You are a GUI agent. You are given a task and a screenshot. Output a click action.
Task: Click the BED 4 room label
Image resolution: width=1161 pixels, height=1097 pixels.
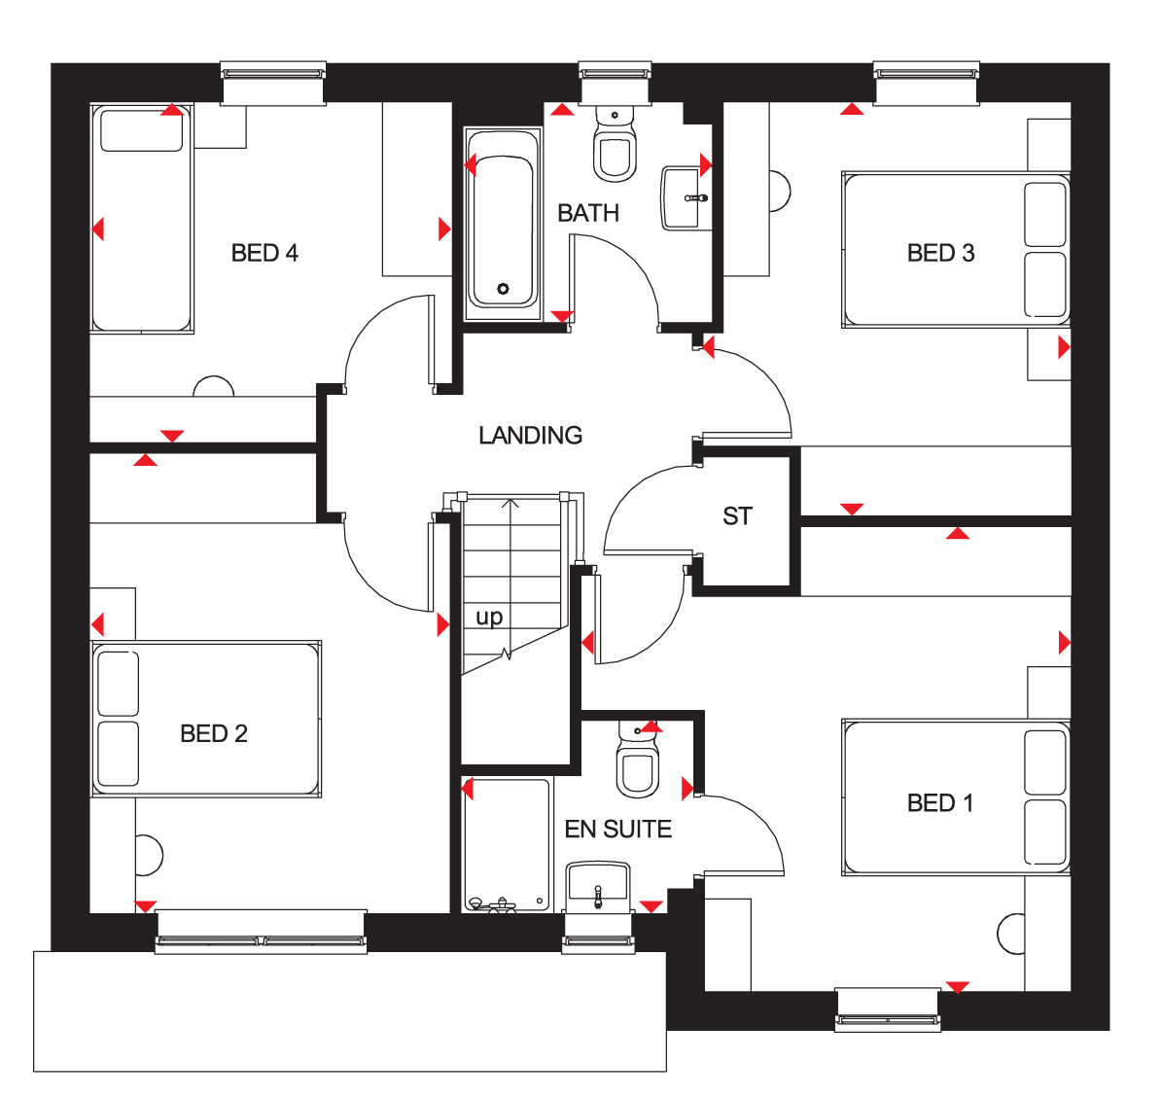coord(264,253)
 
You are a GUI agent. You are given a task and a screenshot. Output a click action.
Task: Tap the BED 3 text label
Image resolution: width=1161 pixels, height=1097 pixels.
coord(940,253)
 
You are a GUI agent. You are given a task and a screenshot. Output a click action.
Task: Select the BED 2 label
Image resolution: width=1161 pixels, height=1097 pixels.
coord(214,733)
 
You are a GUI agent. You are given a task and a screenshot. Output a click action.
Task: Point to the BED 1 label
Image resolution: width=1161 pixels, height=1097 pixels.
coord(939,803)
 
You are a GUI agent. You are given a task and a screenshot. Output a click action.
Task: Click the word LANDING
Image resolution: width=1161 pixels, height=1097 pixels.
coord(530,436)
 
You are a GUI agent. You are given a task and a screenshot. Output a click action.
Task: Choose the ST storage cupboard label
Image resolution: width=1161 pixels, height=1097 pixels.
coord(737,516)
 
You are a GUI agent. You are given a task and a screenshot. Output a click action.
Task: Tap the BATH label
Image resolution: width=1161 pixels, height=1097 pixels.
coord(588,213)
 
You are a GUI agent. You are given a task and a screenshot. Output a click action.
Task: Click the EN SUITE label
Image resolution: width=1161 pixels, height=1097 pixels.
coord(618,830)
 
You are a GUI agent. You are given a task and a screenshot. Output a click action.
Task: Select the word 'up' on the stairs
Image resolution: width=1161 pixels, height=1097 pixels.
coord(489,618)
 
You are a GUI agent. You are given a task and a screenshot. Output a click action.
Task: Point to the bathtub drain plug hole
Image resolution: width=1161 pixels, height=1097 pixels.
coord(503,289)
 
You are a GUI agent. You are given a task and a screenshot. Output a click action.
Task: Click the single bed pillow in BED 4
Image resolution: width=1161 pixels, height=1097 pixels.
coord(142,130)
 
